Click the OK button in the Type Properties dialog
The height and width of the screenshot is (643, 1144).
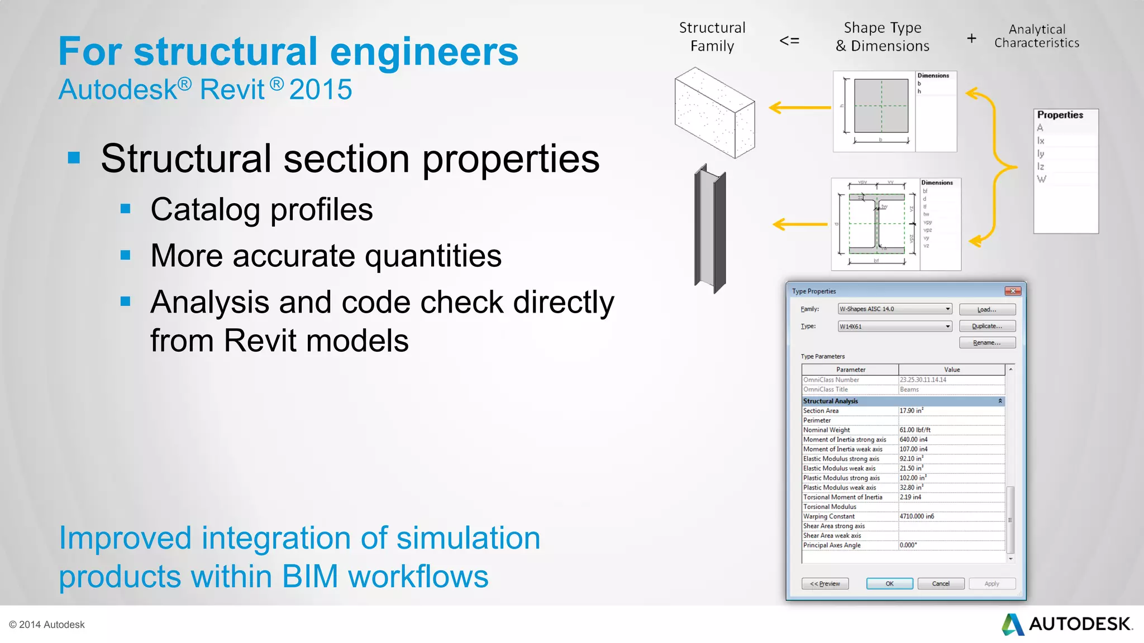[x=889, y=583]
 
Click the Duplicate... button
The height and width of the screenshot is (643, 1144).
[x=987, y=326]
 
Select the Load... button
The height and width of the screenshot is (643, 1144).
[x=987, y=309]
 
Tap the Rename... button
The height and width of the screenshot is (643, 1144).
[x=987, y=343]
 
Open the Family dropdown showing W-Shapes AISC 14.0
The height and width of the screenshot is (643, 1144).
[x=895, y=309]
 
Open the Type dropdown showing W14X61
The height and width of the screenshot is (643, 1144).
[x=895, y=327]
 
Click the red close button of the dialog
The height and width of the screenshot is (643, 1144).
[x=1013, y=291]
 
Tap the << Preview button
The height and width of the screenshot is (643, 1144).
[x=825, y=583]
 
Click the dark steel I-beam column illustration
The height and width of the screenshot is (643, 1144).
[x=711, y=229]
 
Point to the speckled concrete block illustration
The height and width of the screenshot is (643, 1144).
[x=714, y=113]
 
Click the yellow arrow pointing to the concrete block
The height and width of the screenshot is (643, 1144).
[x=799, y=107]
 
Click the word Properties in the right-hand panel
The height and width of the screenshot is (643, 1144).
[x=1060, y=115]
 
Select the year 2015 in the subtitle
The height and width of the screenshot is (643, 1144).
[x=321, y=89]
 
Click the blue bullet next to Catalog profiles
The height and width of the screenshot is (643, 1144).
[x=126, y=209]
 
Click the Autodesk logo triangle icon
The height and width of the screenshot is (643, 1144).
[x=1013, y=624]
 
